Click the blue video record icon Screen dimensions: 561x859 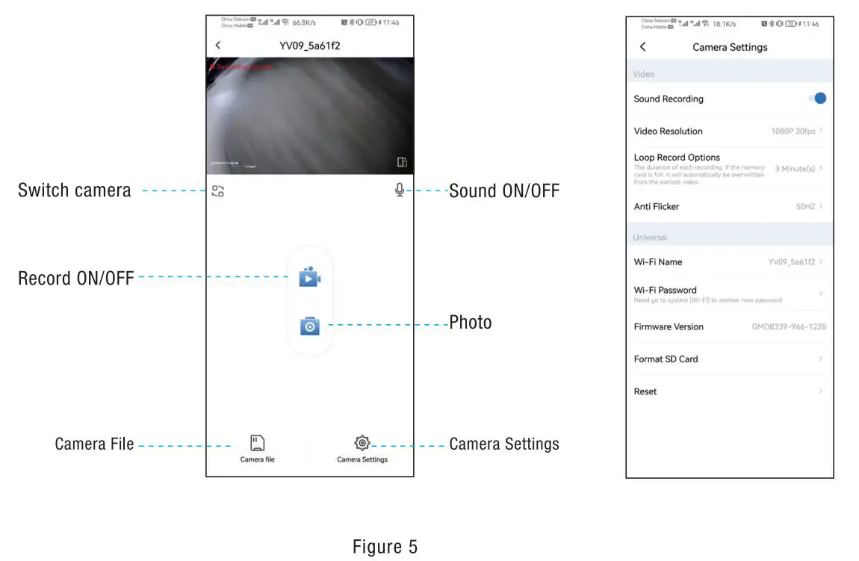(309, 277)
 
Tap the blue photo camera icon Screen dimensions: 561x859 (309, 326)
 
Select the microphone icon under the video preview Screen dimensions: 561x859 (400, 190)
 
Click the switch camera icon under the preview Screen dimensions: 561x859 (217, 191)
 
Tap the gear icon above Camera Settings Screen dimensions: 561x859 (362, 443)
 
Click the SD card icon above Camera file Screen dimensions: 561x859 (257, 443)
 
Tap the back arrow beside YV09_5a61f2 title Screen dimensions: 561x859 (218, 46)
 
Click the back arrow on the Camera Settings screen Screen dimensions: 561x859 (642, 47)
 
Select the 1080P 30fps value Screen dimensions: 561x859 (793, 131)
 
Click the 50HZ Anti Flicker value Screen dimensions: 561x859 (805, 207)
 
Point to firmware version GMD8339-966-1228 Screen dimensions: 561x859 (788, 327)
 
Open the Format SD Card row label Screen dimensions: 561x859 (666, 359)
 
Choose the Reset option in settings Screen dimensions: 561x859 (645, 391)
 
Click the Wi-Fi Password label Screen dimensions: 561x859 (665, 290)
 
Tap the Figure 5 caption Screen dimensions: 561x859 (385, 547)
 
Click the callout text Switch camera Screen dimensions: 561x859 (74, 190)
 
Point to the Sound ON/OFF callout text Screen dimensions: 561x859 (504, 191)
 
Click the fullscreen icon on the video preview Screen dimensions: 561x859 (402, 162)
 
